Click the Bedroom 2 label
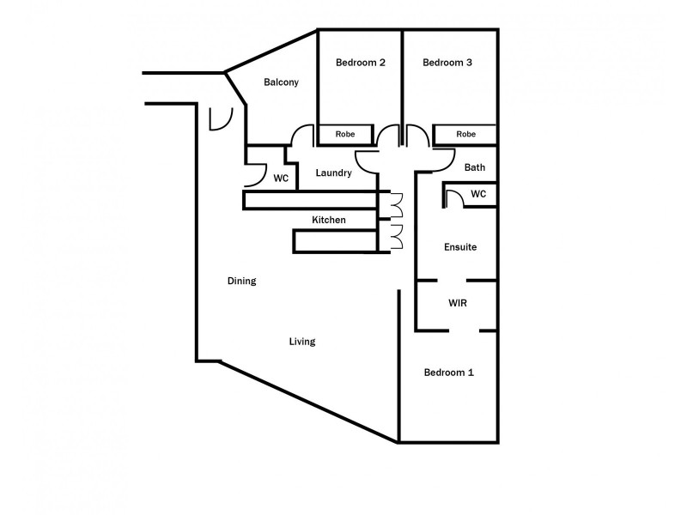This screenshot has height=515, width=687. [360, 62]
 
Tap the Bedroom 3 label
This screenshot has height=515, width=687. [447, 62]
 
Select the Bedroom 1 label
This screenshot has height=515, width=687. [448, 373]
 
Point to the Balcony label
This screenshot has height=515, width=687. [281, 82]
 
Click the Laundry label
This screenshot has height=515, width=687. [333, 173]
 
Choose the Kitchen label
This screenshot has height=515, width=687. [329, 221]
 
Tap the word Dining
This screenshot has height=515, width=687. [241, 281]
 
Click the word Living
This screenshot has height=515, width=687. [302, 342]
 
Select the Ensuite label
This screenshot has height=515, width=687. [459, 247]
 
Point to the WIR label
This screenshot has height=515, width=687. [457, 304]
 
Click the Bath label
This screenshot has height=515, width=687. [475, 167]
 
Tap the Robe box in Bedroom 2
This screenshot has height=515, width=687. [345, 135]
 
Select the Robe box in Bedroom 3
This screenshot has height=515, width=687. [465, 135]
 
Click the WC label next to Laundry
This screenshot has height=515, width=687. [280, 179]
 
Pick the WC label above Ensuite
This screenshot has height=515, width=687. [478, 194]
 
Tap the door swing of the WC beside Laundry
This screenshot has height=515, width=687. [256, 175]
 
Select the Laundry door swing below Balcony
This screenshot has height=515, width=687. [302, 136]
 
